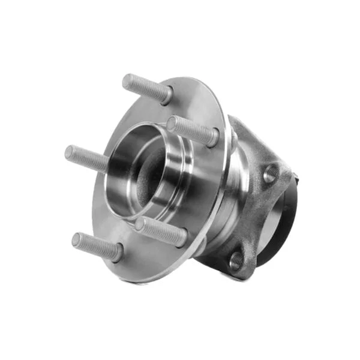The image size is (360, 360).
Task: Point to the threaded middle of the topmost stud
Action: [x=146, y=86]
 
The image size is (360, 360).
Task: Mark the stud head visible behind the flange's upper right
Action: [x=234, y=137]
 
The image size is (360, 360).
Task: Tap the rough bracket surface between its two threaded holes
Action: [x=255, y=219]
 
